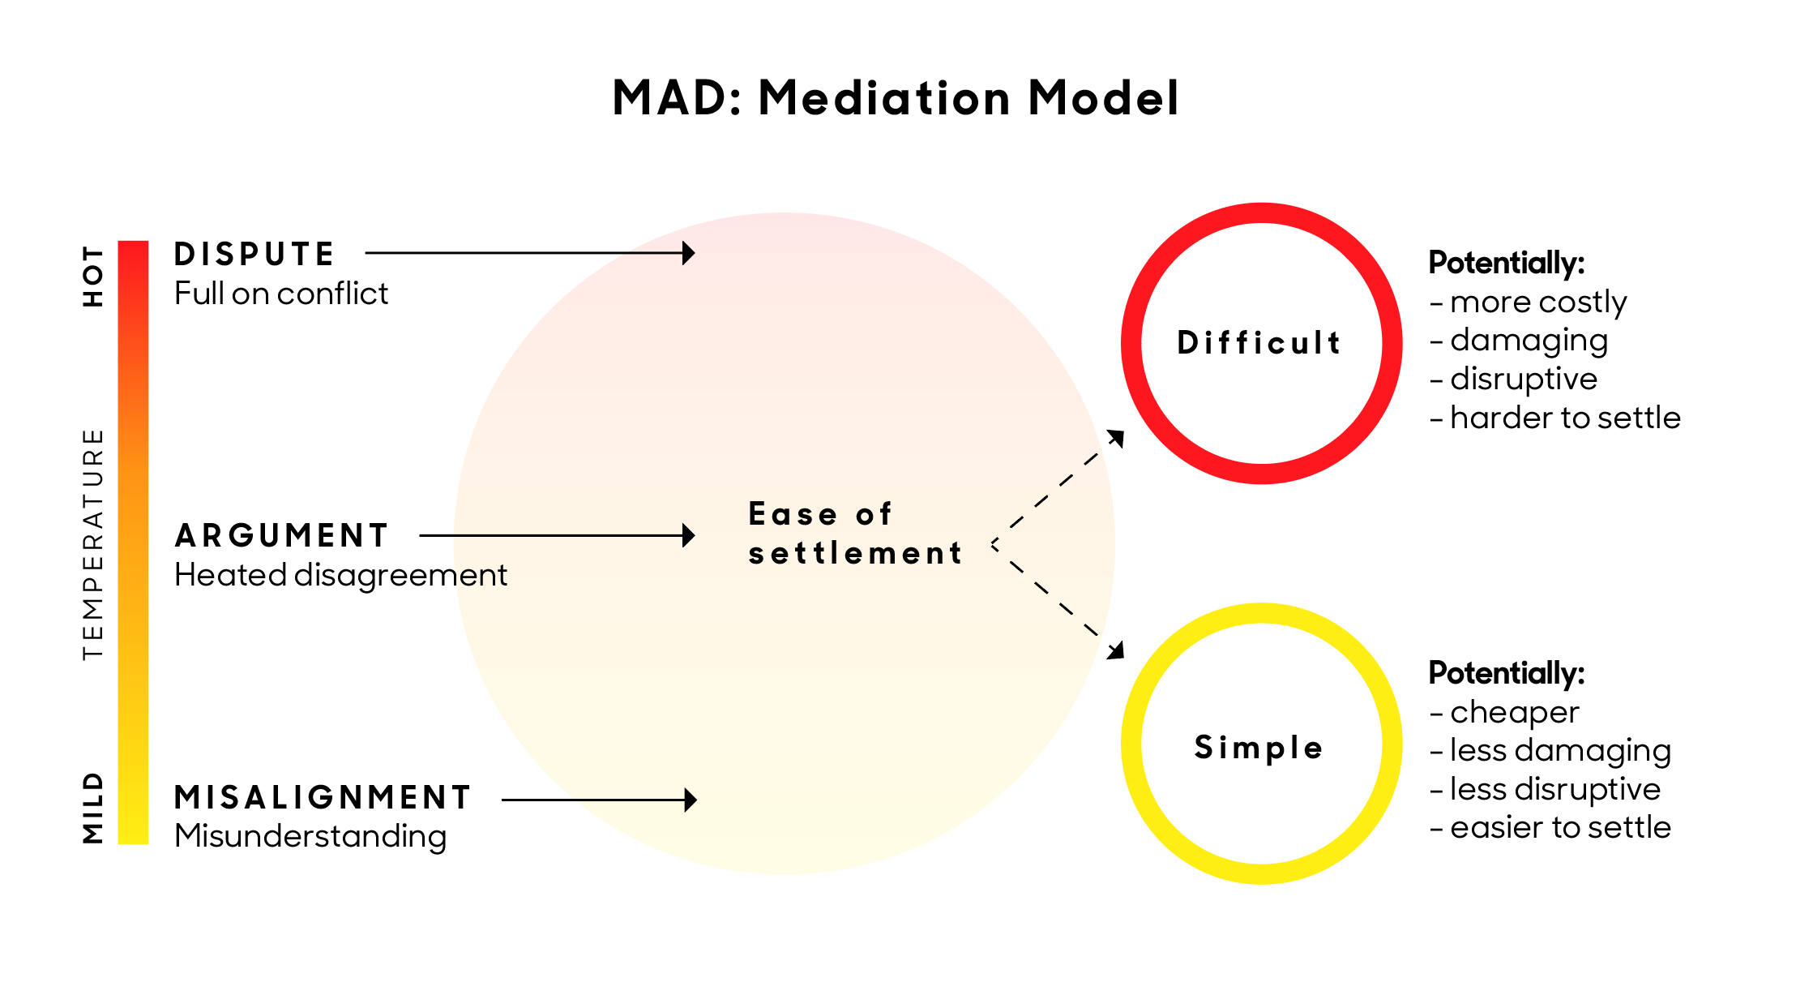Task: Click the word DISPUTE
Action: click(x=254, y=254)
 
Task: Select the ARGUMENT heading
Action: click(x=281, y=535)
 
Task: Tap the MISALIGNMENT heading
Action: click(x=323, y=797)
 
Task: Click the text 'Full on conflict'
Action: click(x=281, y=294)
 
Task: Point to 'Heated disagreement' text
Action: click(x=340, y=575)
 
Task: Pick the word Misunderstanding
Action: click(x=310, y=836)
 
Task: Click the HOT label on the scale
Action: click(x=93, y=277)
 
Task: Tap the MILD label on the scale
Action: click(x=93, y=808)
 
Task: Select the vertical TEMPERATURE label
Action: click(x=93, y=543)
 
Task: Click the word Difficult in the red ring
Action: click(x=1259, y=343)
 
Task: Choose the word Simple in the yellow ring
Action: click(x=1259, y=747)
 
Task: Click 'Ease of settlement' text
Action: click(x=855, y=534)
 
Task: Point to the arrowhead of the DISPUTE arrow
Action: click(x=689, y=253)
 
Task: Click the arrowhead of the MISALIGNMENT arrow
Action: click(x=691, y=800)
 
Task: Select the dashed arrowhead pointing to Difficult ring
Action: click(x=1117, y=438)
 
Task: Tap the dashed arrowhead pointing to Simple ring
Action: click(x=1117, y=650)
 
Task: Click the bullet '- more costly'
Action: click(x=1529, y=302)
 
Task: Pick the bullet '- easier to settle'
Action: click(x=1550, y=827)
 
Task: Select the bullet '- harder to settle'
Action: click(x=1555, y=418)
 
